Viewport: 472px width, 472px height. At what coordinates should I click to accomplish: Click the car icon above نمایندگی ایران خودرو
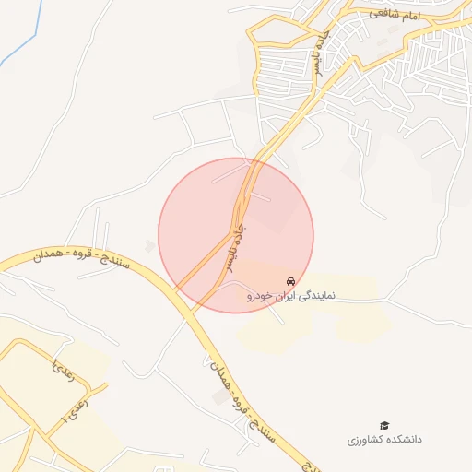(291, 280)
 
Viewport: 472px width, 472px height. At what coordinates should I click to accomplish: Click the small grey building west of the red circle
(150, 246)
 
